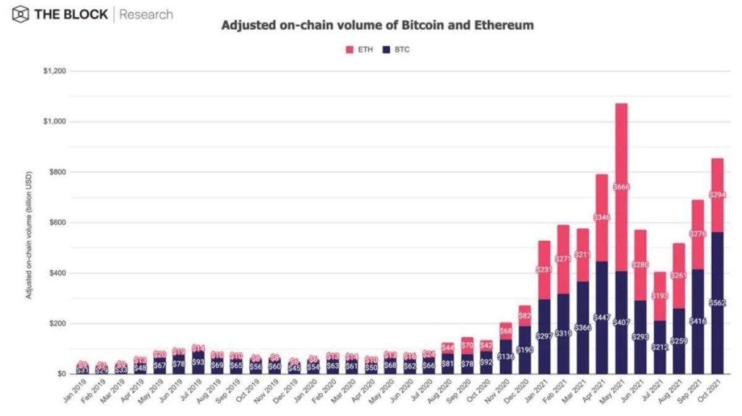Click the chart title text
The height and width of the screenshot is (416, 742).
tap(377, 26)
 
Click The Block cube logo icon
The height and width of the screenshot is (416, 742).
tap(20, 14)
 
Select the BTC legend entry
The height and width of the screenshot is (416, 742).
tap(396, 50)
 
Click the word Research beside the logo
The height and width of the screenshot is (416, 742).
tap(146, 14)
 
